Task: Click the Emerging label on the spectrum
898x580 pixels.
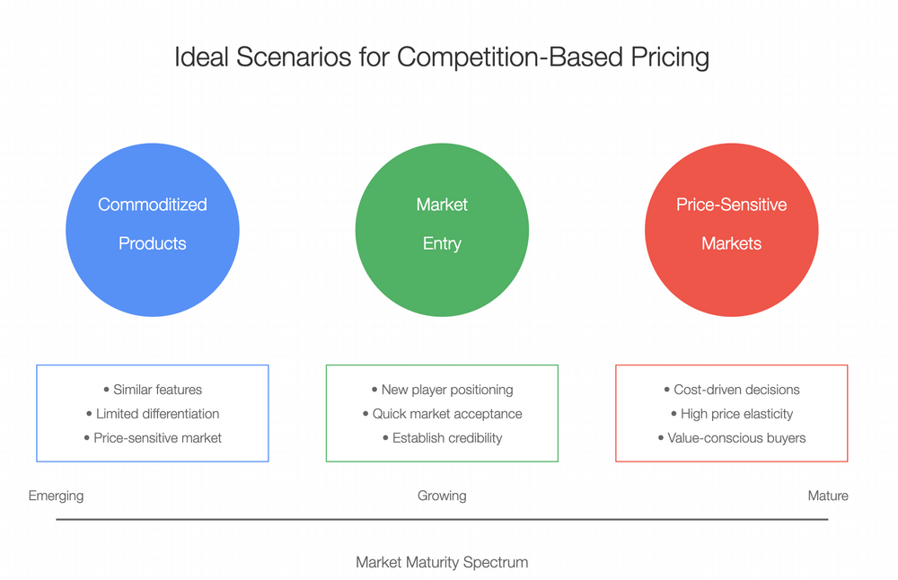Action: pos(56,496)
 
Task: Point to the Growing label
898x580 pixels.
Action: pos(442,496)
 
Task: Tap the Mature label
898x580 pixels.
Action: pos(827,496)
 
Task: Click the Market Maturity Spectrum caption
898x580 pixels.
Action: pos(442,563)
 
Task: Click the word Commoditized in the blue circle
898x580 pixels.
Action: pos(153,205)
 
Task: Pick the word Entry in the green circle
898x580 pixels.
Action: pos(442,243)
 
